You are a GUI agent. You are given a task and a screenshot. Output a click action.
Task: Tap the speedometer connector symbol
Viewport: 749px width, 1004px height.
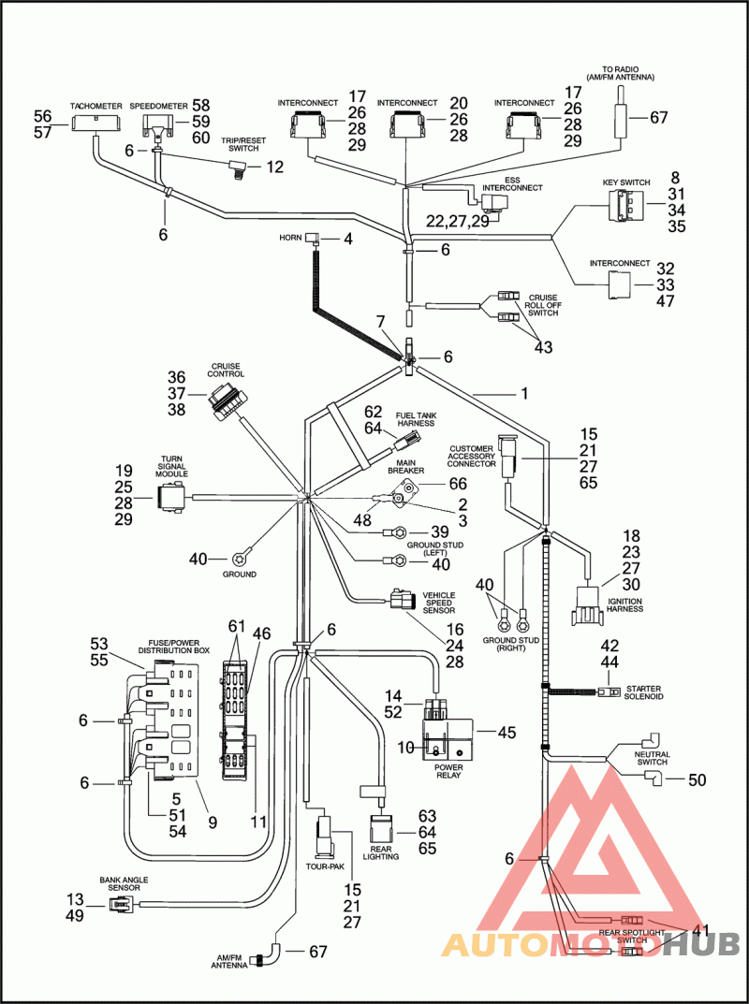tap(156, 125)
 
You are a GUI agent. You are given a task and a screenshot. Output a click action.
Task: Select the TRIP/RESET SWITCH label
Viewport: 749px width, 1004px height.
tap(239, 143)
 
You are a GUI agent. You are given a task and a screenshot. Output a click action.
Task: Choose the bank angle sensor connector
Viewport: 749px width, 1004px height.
tap(119, 905)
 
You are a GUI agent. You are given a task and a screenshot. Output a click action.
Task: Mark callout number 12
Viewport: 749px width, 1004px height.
tap(274, 167)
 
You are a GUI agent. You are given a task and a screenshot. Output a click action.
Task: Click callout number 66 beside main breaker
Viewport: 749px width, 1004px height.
tap(457, 484)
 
